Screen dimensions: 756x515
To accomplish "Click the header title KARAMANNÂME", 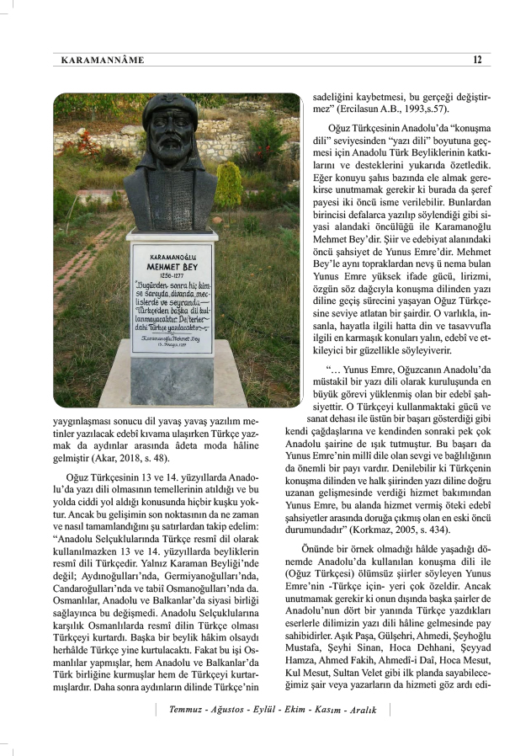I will coord(103,60).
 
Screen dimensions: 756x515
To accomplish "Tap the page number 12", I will coord(477,60).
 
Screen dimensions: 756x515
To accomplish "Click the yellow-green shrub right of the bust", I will coord(229,180).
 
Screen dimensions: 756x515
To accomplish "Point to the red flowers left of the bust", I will coord(84,143).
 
